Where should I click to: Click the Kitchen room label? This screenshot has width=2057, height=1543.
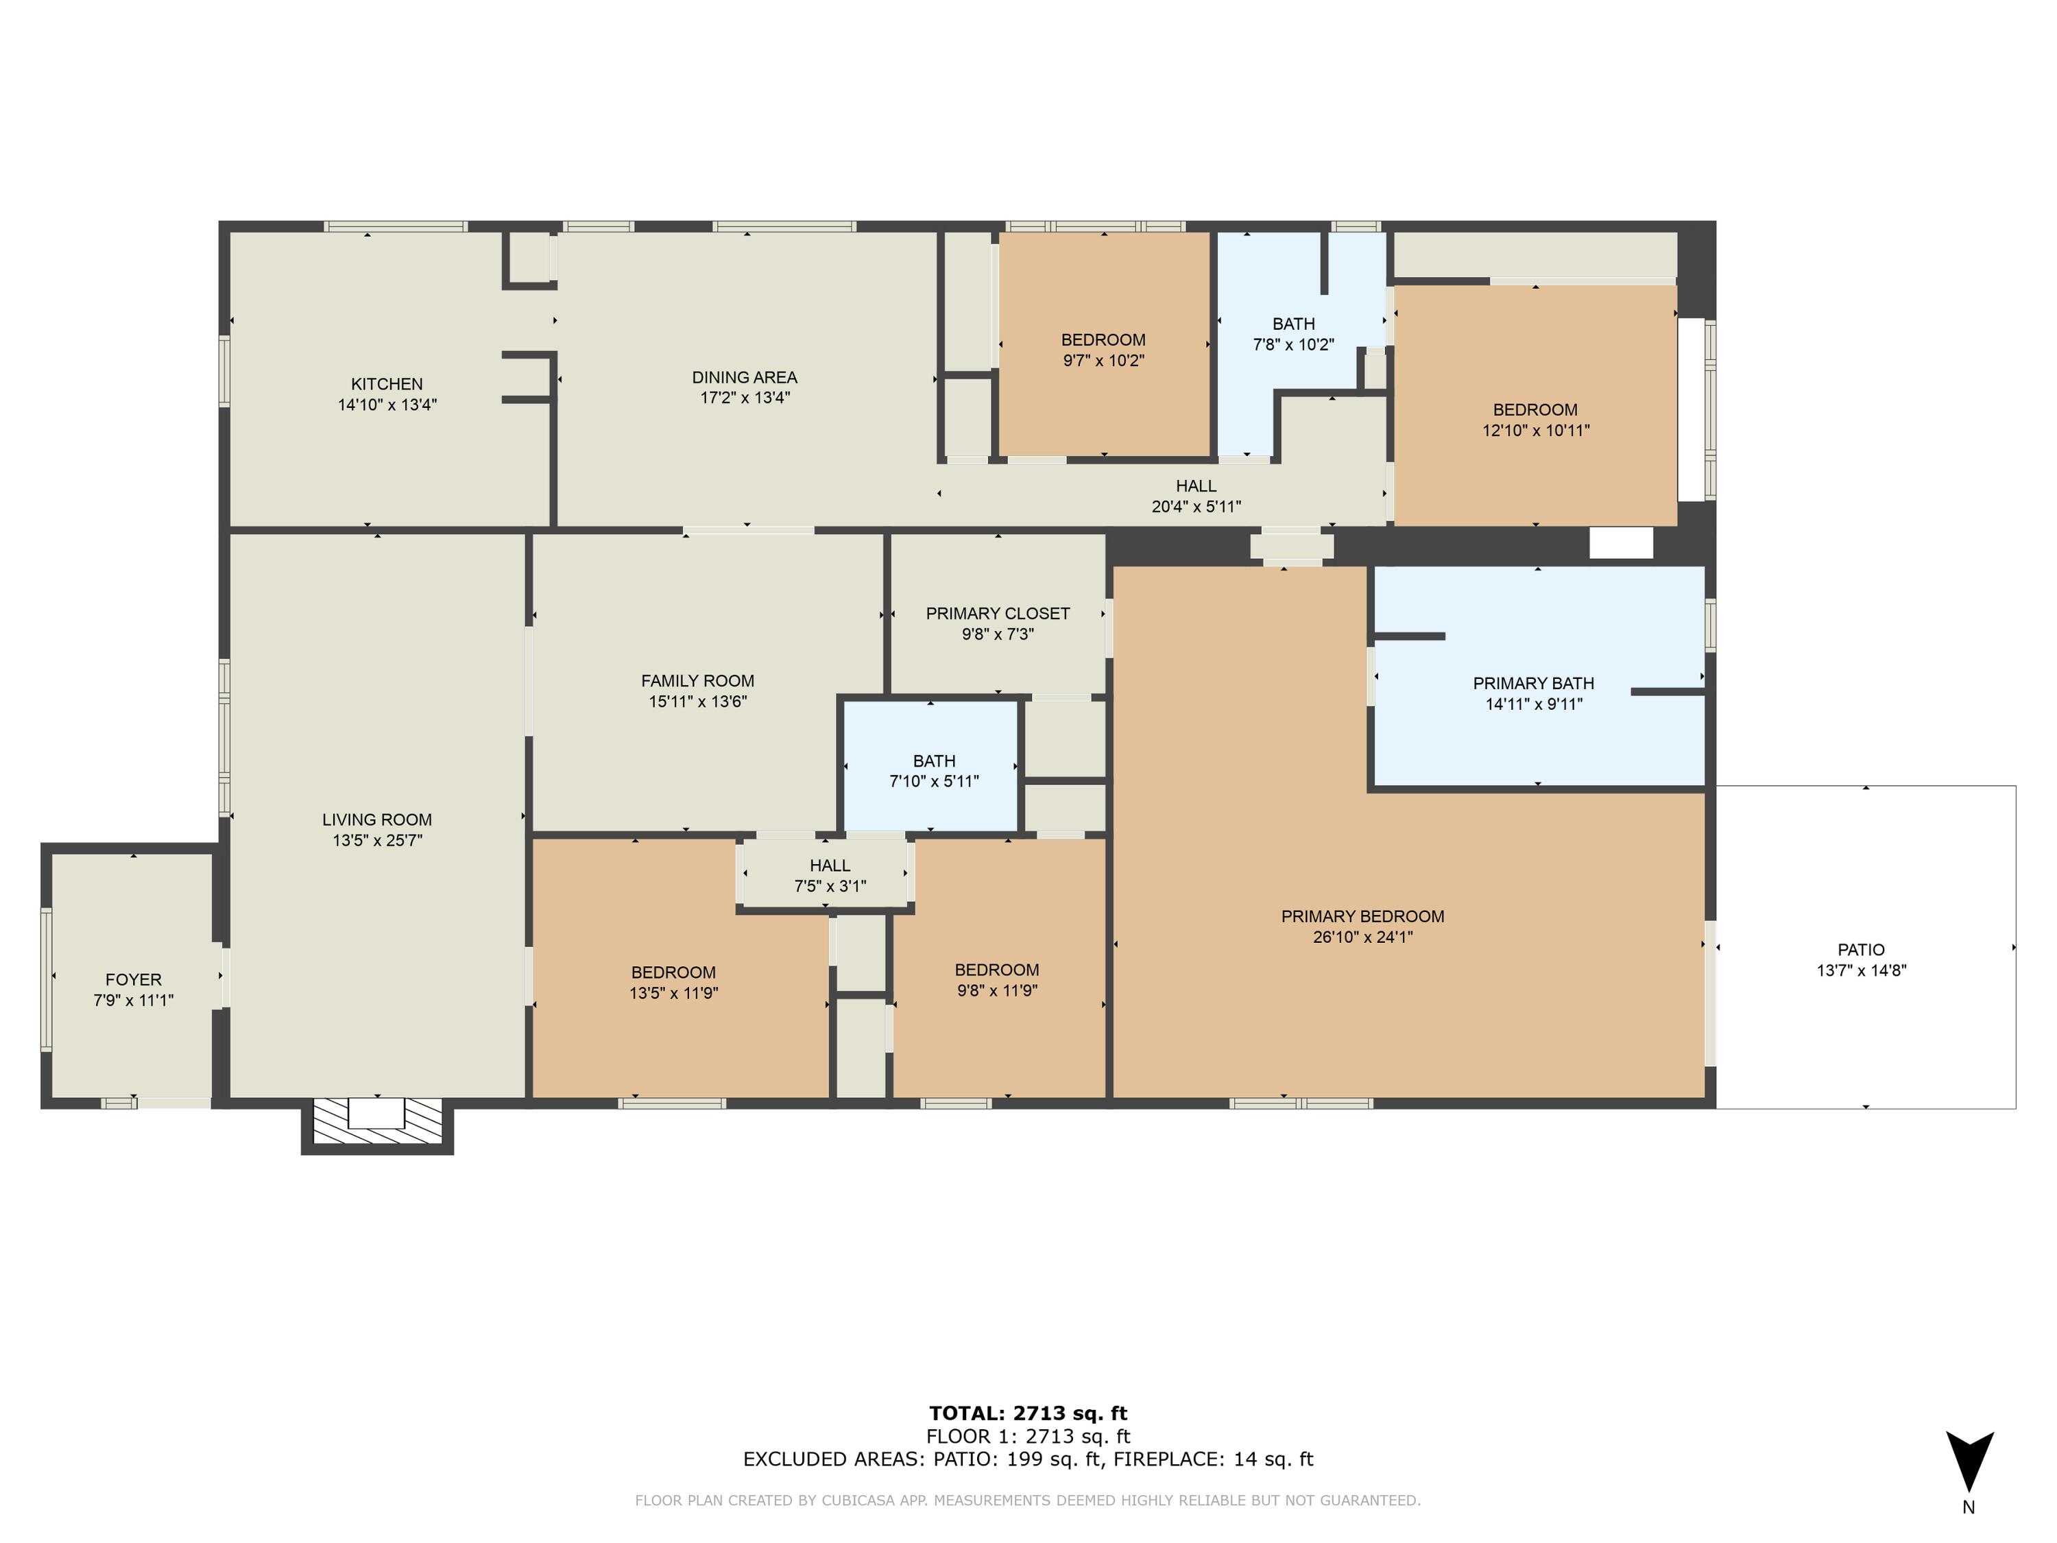point(387,384)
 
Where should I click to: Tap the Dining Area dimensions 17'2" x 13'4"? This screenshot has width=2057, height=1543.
point(745,398)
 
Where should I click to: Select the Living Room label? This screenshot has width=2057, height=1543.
point(376,820)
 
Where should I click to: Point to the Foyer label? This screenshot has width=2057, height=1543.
point(133,979)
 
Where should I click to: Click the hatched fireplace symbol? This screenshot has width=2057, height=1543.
point(376,1122)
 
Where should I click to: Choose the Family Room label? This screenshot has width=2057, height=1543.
point(697,681)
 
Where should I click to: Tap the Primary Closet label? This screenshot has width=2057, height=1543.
point(998,614)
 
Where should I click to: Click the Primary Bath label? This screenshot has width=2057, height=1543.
point(1533,684)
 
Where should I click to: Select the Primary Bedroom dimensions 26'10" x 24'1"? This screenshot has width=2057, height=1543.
point(1362,937)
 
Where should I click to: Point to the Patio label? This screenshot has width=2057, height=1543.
point(1861,950)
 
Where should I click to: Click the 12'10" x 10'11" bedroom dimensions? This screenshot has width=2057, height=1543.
point(1535,431)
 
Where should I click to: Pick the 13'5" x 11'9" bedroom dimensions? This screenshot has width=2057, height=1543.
point(673,993)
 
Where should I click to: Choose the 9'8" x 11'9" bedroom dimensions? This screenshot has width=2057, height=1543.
point(997,990)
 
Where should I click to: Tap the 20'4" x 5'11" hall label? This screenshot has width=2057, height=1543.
point(1196,497)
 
